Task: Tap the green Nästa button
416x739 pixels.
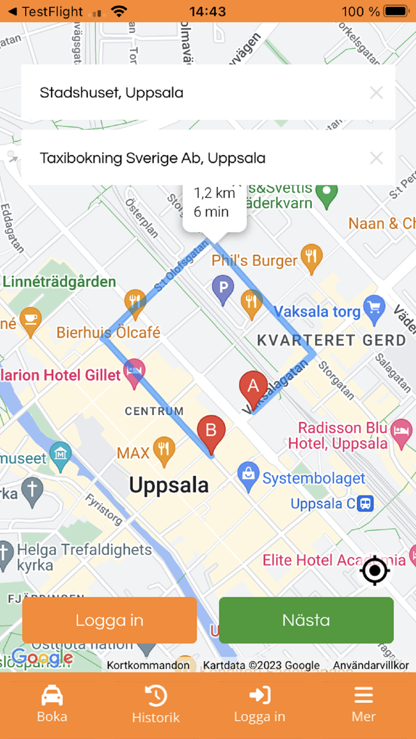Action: (306, 620)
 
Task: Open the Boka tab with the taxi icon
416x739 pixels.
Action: (52, 703)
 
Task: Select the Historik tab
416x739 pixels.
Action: (156, 703)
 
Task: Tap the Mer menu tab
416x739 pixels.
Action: (363, 703)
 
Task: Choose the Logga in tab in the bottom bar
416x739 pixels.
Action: (260, 703)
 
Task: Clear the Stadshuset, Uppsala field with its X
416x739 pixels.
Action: (376, 93)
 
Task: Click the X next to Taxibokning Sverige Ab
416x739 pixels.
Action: (376, 158)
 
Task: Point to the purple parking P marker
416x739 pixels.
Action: (223, 289)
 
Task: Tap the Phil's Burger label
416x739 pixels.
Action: (254, 261)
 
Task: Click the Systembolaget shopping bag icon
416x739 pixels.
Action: (247, 473)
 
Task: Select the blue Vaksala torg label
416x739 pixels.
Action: (317, 311)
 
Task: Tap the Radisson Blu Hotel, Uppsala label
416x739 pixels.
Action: (338, 435)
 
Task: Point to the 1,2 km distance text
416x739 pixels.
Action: (215, 193)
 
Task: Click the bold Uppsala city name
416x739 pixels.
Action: (169, 485)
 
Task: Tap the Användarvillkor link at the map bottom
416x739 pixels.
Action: (370, 665)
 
